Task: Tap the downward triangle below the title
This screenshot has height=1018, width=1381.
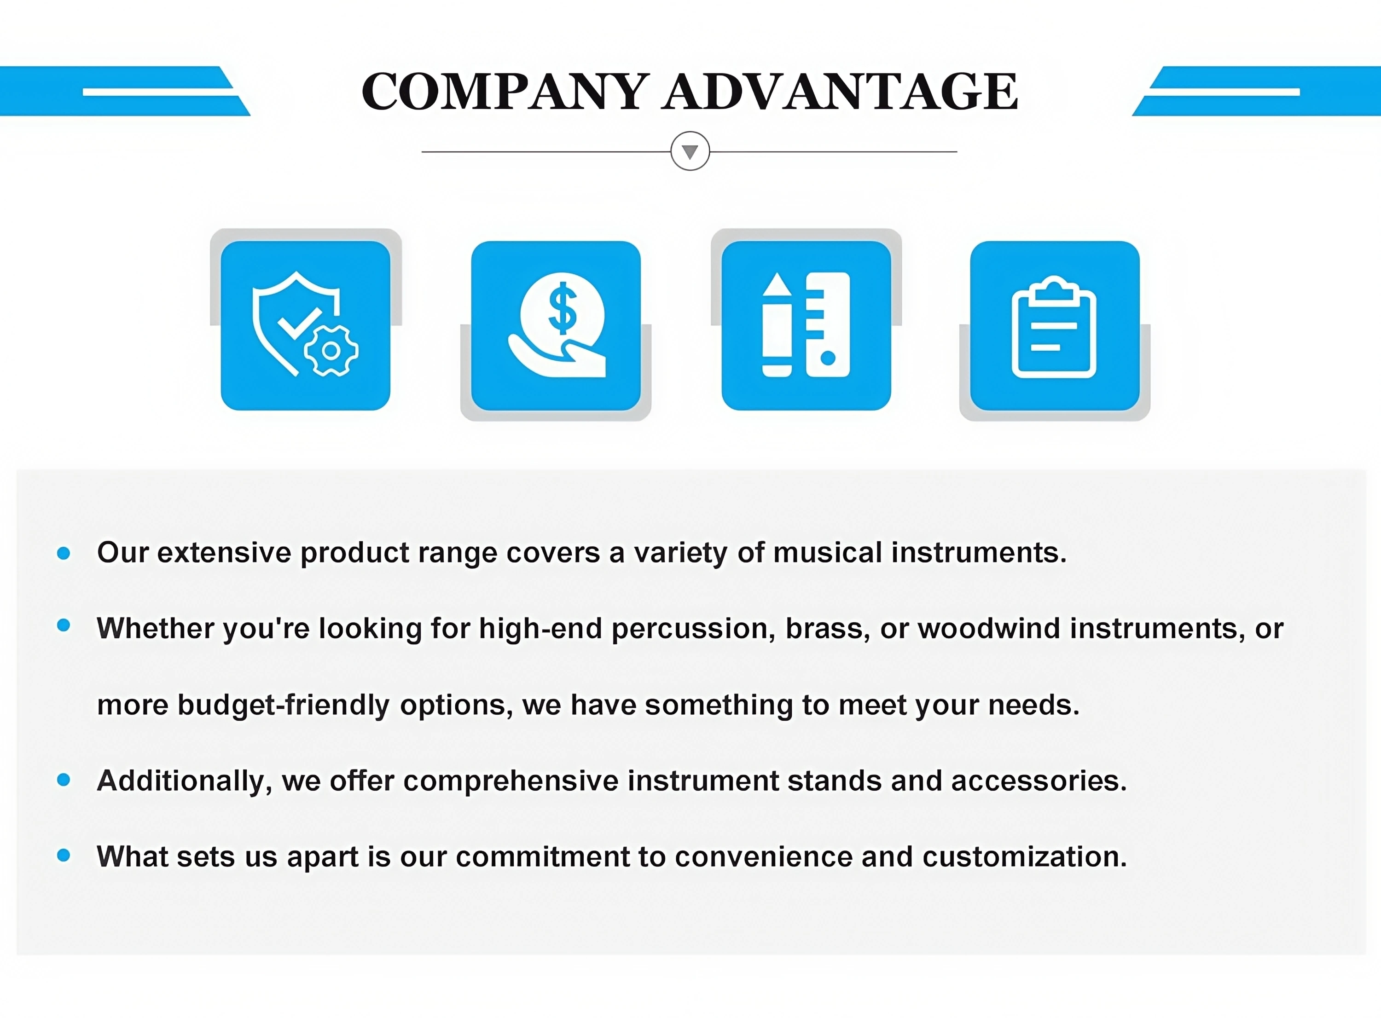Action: pos(690,151)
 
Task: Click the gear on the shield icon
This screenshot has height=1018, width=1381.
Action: pos(331,351)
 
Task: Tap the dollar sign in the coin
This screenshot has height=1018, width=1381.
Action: pos(562,308)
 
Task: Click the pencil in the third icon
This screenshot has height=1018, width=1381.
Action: pos(777,324)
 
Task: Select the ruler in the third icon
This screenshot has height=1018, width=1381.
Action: pos(828,324)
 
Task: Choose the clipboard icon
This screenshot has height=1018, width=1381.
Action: pos(1054,327)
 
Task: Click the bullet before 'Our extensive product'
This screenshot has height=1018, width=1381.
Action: pos(64,553)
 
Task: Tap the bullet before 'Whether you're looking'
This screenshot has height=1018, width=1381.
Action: pos(64,625)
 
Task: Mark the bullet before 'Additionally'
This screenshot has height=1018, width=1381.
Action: pos(64,780)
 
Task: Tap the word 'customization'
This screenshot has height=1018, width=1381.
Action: pos(1025,856)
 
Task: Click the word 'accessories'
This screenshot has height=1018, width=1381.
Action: pos(1039,781)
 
